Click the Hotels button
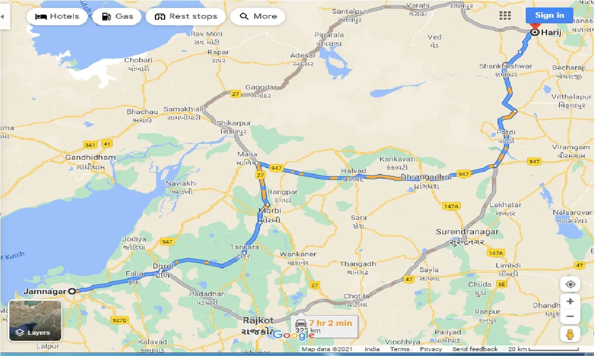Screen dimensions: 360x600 point(58,16)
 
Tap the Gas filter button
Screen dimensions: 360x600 point(118,16)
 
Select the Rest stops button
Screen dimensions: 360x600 point(186,16)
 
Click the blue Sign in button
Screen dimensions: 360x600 point(549,15)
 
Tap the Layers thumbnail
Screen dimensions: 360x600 point(36,321)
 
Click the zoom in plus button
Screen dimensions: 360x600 point(570,302)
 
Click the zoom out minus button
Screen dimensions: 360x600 point(570,317)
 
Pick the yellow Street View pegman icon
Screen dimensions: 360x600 point(570,334)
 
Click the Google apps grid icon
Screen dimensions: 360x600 point(505,15)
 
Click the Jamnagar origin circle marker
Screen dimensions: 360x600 point(71,291)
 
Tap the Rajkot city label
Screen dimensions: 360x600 point(258,321)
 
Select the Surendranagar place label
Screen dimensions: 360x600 point(467,232)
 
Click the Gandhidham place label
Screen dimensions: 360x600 point(90,158)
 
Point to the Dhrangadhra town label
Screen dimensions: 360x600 point(426,177)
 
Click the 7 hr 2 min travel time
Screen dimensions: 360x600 point(330,323)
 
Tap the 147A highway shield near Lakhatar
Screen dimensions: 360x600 point(451,206)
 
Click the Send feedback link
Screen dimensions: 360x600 point(475,349)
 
